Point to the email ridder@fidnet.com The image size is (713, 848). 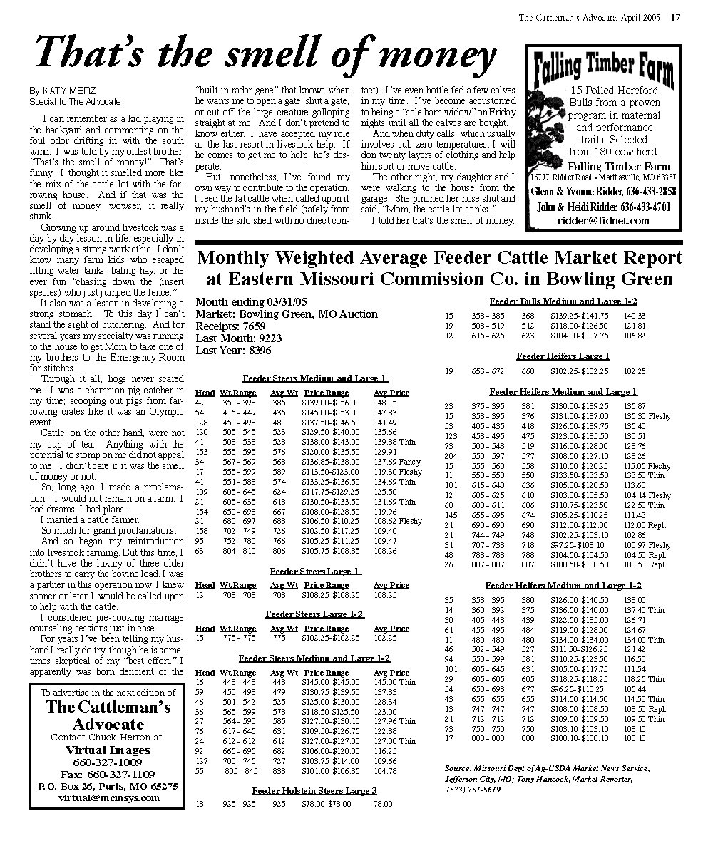coord(603,221)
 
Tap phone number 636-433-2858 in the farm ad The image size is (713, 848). coord(645,192)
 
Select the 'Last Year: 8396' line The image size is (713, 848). coord(233,351)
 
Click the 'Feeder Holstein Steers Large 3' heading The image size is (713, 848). coord(314,790)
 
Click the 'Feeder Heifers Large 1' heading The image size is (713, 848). coord(563,356)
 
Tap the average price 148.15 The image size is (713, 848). coord(385,403)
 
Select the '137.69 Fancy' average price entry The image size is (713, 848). coord(397,462)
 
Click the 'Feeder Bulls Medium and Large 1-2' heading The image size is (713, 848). coord(563,301)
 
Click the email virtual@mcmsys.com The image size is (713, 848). coord(103,797)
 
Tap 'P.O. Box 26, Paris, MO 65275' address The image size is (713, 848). coord(103,786)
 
